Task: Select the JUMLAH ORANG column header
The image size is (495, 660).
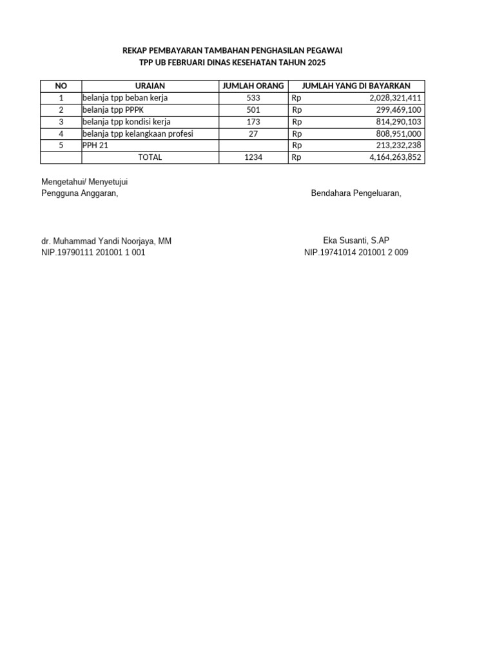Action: click(253, 86)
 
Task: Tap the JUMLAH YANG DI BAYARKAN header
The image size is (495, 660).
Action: click(356, 86)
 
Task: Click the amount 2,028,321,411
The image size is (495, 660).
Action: click(395, 98)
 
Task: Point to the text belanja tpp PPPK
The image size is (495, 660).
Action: click(115, 110)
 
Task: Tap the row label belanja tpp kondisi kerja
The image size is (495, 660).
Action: click(126, 121)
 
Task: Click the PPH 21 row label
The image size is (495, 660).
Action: click(95, 145)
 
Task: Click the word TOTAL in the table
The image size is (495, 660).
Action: click(150, 157)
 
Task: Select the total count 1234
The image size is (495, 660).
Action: click(253, 157)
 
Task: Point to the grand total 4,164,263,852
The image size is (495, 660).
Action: click(395, 157)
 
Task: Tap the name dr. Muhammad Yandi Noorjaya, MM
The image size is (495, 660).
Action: click(106, 241)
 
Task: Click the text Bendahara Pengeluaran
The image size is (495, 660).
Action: click(356, 193)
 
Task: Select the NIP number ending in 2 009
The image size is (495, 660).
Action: click(356, 253)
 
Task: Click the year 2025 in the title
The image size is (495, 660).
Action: click(316, 63)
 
